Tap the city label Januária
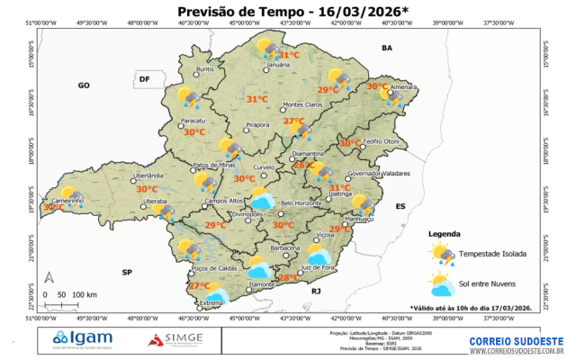(278, 65)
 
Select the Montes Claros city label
(301, 104)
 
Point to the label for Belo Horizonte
(301, 203)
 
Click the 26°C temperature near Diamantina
(303, 166)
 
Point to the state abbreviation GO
(84, 85)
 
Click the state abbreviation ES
(401, 207)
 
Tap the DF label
(143, 79)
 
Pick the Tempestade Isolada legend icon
(442, 254)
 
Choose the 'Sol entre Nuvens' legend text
(490, 285)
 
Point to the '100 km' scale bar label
(85, 294)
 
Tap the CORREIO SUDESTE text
(516, 341)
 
